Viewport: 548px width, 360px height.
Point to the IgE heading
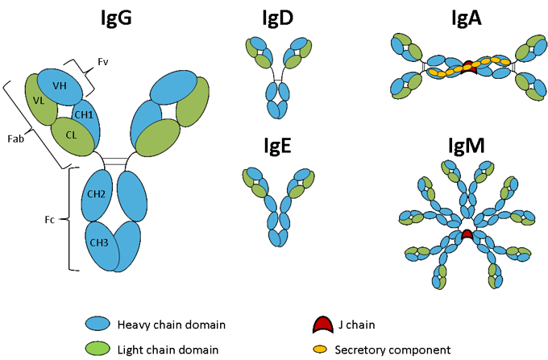tap(276, 148)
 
